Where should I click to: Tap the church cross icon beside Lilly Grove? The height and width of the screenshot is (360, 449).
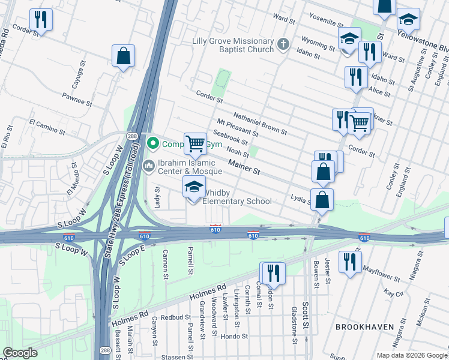(x=283, y=44)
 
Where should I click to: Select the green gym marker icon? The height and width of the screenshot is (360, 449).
(x=153, y=143)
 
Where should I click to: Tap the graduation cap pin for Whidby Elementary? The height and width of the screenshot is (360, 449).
(x=194, y=188)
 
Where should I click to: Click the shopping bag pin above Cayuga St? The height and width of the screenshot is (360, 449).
(x=123, y=56)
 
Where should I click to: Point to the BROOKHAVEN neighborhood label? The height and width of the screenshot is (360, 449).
(x=364, y=327)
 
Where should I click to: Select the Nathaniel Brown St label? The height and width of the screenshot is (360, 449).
(x=260, y=124)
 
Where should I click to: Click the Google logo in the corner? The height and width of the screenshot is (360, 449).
(x=20, y=352)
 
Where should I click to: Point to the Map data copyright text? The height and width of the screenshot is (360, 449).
(x=412, y=355)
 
